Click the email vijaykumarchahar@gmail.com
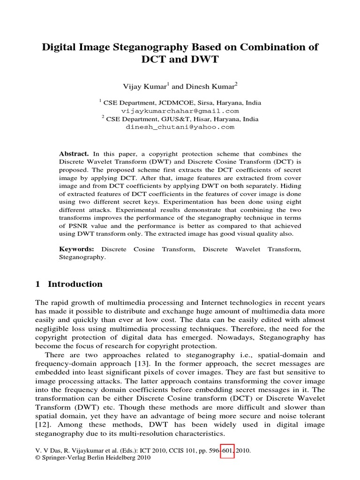[180, 111]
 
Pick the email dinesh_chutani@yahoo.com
[180, 127]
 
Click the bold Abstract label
[74, 154]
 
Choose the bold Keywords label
[76, 249]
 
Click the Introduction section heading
[75, 284]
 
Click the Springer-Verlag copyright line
[92, 458]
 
